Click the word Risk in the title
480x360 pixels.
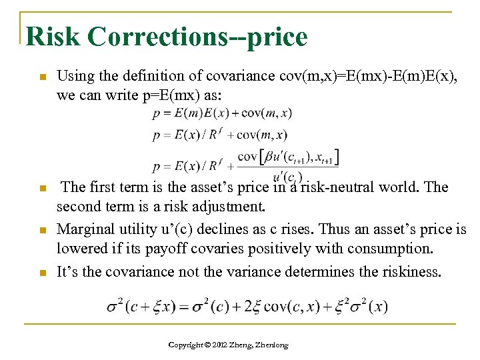point(54,36)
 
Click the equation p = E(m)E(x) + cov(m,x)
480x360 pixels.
point(222,113)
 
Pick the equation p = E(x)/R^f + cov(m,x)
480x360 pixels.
point(220,135)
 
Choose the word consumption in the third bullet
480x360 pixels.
point(391,249)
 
